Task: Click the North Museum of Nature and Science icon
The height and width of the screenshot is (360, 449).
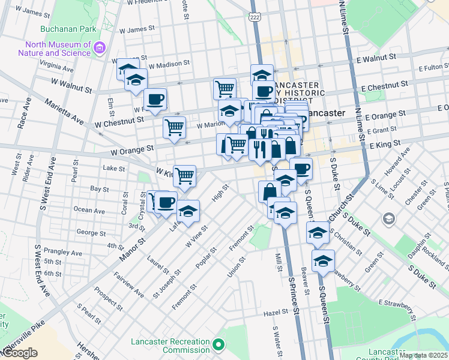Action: (100, 47)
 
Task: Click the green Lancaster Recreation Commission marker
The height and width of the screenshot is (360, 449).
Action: (218, 346)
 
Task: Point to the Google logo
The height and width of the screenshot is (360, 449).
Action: (19, 353)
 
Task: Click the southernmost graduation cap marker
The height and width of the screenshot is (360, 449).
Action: (323, 261)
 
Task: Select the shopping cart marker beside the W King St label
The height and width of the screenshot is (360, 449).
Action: (184, 175)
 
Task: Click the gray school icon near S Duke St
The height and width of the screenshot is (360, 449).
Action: (389, 218)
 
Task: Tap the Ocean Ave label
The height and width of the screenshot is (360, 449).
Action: (89, 211)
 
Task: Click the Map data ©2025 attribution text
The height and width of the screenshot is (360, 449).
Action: (423, 355)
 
